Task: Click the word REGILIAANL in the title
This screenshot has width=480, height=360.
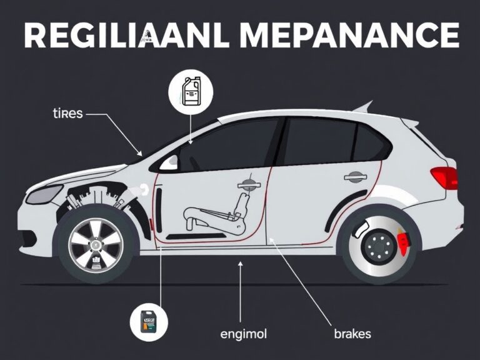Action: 119,37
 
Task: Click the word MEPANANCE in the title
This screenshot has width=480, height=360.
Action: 349,37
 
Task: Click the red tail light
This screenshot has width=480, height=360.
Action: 444,177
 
